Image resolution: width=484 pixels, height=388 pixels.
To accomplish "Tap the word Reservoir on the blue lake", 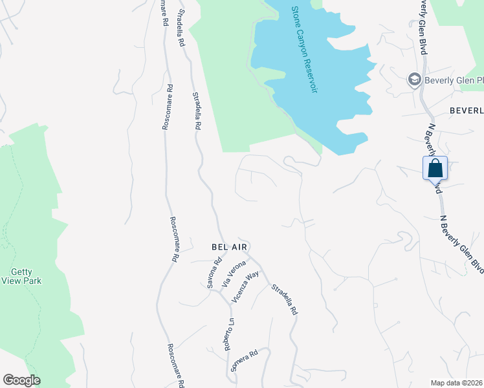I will click(311, 70).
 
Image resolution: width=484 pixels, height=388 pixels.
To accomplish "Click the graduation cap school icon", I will click(413, 80).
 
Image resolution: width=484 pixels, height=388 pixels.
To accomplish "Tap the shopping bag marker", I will click(435, 169).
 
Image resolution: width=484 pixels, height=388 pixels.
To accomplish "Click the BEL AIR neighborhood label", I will click(230, 247).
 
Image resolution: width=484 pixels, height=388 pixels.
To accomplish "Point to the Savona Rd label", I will click(215, 273).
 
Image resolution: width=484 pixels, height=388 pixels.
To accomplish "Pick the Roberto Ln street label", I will click(228, 334).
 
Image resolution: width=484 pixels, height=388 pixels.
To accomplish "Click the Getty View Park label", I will click(21, 277).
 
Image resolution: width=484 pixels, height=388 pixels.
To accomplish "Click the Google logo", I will click(21, 380).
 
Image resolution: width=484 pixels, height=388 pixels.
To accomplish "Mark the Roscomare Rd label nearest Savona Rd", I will click(172, 238).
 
